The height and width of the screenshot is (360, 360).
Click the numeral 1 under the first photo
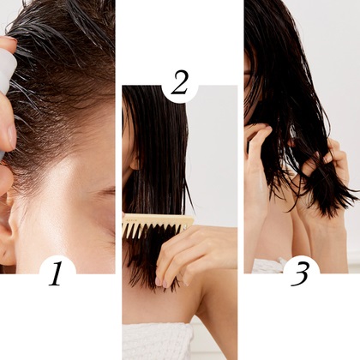click(57, 274)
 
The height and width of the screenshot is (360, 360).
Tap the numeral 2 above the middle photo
click(180, 83)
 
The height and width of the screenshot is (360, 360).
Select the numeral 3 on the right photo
click(301, 273)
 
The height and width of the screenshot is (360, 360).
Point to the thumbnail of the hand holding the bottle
click(11, 135)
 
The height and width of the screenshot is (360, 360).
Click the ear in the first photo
click(6, 225)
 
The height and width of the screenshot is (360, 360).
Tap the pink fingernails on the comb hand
click(162, 282)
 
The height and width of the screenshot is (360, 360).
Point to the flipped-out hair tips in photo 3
click(328, 203)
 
